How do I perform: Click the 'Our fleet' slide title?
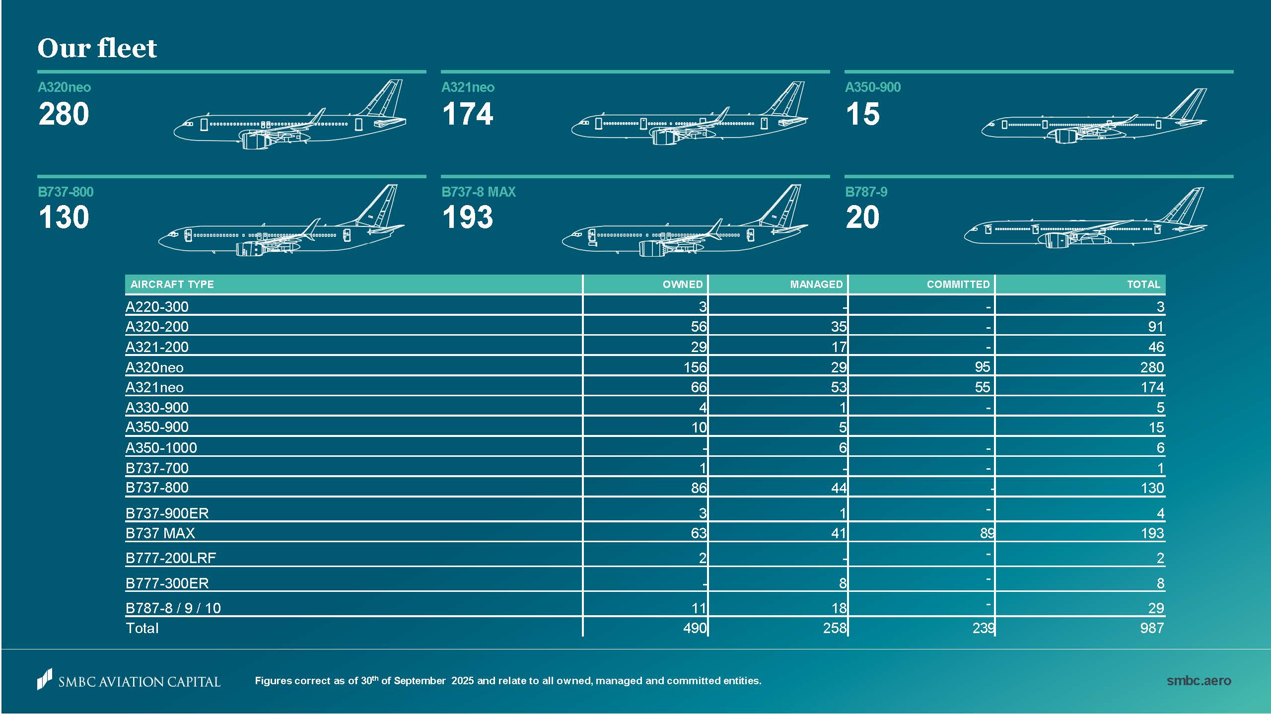97,48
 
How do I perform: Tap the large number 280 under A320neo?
64,114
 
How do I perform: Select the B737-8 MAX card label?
479,192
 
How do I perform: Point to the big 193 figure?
468,217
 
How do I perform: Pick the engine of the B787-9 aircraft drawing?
1058,241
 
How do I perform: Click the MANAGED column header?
816,285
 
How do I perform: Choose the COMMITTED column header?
958,285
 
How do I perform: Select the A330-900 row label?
157,408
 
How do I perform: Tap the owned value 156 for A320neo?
695,367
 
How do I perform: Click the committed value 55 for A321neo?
982,387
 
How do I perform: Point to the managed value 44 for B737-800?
839,488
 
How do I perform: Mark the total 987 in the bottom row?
1152,628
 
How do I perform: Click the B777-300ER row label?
167,583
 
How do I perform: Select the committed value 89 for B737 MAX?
987,533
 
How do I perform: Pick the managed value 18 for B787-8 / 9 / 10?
839,608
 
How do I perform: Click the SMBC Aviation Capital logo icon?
45,679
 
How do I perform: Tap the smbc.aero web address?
1199,681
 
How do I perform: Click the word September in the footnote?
420,681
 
